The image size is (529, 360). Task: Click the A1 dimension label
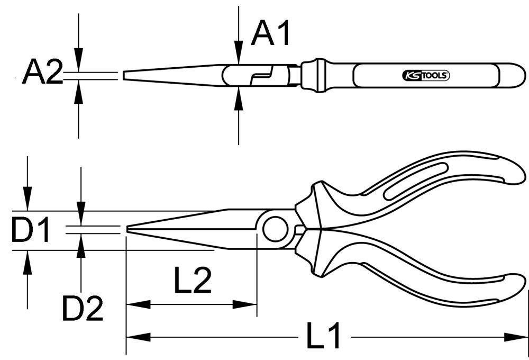click(271, 33)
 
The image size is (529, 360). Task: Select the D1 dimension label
click(30, 231)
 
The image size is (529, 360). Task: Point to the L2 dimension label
click(193, 281)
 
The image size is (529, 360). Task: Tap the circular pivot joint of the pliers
click(275, 229)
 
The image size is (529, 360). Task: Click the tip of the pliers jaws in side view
click(128, 229)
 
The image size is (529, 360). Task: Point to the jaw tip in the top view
click(125, 75)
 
